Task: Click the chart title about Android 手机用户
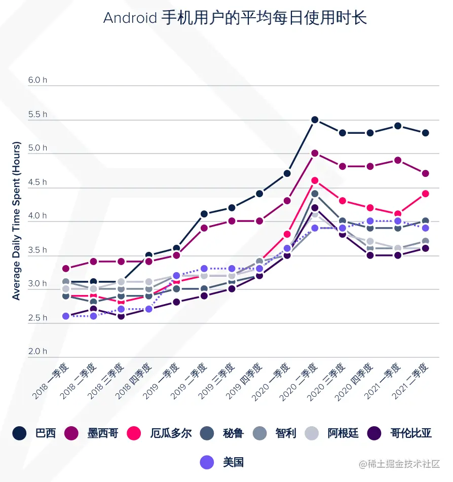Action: click(235, 18)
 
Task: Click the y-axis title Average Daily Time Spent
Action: click(17, 220)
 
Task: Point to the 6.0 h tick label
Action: click(37, 80)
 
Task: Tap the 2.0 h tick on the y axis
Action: click(37, 351)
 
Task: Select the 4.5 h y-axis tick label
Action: click(37, 182)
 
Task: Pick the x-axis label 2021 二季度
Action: click(411, 381)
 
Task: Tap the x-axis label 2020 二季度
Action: click(299, 381)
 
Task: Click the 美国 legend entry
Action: click(222, 462)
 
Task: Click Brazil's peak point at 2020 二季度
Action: click(315, 120)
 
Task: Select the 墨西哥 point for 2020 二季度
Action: click(315, 153)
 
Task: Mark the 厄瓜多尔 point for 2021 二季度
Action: click(426, 193)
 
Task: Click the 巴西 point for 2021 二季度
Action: click(426, 133)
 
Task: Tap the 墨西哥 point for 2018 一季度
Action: click(66, 268)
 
